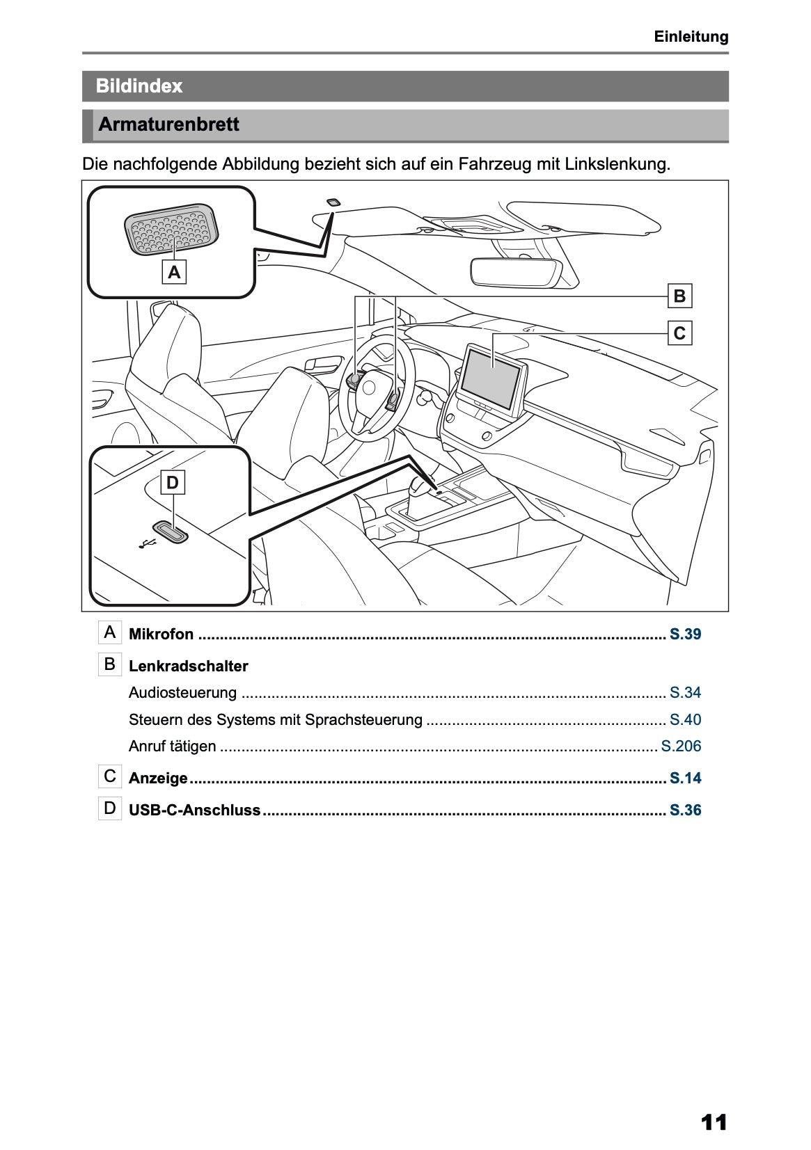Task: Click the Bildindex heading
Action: pyautogui.click(x=139, y=86)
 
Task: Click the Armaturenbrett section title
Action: pyautogui.click(x=168, y=125)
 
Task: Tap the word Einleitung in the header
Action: pyautogui.click(x=691, y=37)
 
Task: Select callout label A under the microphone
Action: pyautogui.click(x=174, y=273)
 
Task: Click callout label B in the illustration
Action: pyautogui.click(x=679, y=296)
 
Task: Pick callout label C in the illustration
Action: pyautogui.click(x=679, y=333)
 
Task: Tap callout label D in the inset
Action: pyautogui.click(x=173, y=483)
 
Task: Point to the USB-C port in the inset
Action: pyautogui.click(x=171, y=532)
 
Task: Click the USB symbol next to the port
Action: pyautogui.click(x=146, y=544)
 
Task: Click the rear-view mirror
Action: pyautogui.click(x=513, y=270)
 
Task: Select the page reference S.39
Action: pyautogui.click(x=685, y=634)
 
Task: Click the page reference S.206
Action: pyautogui.click(x=681, y=746)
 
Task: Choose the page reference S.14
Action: pyautogui.click(x=685, y=778)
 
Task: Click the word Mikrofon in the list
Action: pyautogui.click(x=162, y=634)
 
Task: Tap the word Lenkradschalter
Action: pyautogui.click(x=188, y=666)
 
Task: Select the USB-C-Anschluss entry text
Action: pyautogui.click(x=194, y=810)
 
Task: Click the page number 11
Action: pyautogui.click(x=714, y=1122)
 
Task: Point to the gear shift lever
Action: pyautogui.click(x=419, y=486)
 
